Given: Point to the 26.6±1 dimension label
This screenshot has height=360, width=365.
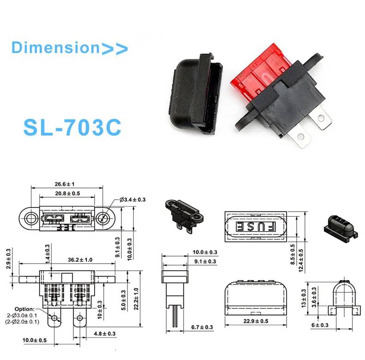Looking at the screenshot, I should click(66, 185).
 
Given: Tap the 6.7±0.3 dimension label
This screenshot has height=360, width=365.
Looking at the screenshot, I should click(202, 327).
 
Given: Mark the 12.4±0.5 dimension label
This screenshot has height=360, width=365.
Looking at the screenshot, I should click(301, 260).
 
